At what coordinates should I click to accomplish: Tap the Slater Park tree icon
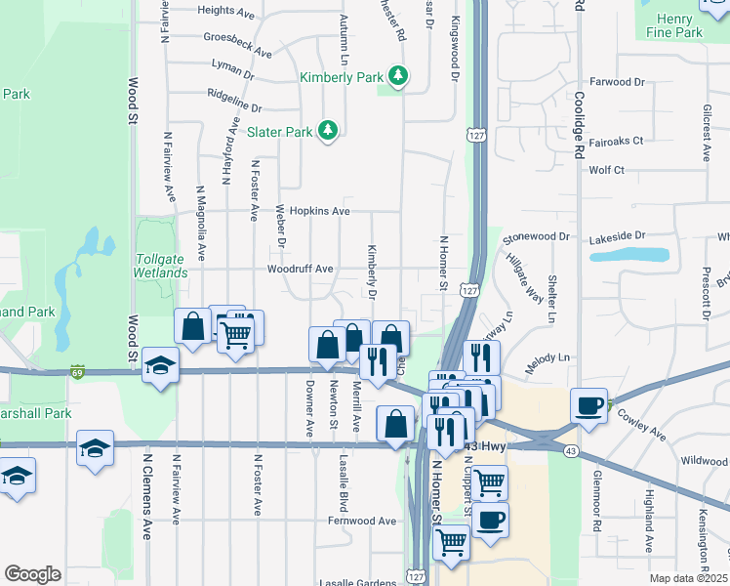click(329, 131)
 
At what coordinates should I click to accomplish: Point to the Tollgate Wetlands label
click(160, 266)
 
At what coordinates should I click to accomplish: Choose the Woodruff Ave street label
click(301, 269)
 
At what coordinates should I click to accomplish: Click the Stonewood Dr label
click(536, 237)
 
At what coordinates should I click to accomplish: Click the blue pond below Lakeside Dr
click(629, 255)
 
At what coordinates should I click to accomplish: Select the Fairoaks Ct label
click(616, 141)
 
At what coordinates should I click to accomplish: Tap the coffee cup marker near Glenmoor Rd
click(589, 404)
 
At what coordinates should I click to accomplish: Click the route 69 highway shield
click(77, 371)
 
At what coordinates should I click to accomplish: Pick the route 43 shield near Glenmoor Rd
click(569, 449)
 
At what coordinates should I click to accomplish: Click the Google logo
click(32, 574)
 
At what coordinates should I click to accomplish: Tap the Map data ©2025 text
click(688, 578)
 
